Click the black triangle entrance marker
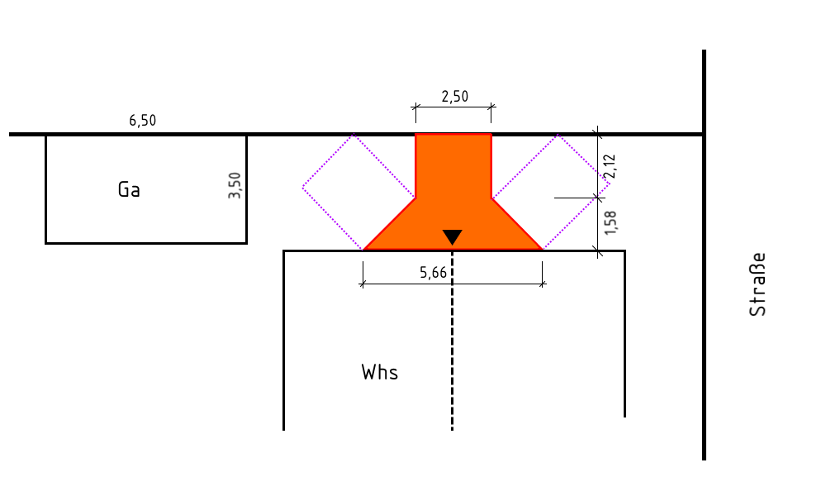pos(452,237)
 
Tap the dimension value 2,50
pos(454,97)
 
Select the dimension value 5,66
pos(433,273)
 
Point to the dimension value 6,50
pos(143,121)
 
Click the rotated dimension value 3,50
pos(235,185)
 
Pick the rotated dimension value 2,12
pos(610,166)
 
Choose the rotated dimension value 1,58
pos(610,223)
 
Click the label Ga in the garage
pos(129,190)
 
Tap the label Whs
pos(380,373)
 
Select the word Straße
pos(757,284)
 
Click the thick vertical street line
pos(704,255)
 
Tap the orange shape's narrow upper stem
pos(453,166)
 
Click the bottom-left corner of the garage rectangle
pos(46,243)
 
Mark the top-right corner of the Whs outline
pos(624,251)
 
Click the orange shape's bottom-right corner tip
pos(542,250)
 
